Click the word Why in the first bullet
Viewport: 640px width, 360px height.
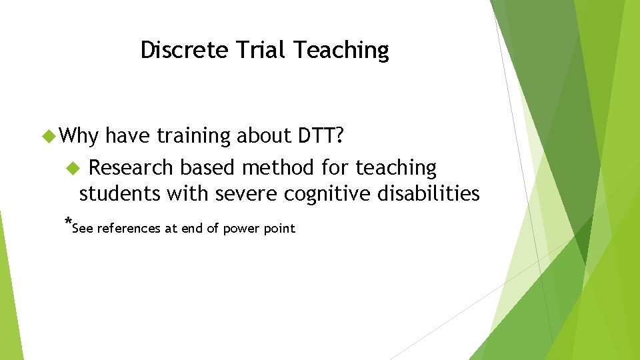click(79, 136)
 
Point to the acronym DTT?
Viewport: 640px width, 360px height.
click(319, 136)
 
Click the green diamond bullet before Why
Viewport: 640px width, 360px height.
click(49, 136)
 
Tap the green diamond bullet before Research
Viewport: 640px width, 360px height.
click(74, 167)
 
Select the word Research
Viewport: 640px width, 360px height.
click(131, 167)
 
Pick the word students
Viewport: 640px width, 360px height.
click(120, 194)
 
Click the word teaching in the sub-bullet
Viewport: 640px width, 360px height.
click(395, 168)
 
